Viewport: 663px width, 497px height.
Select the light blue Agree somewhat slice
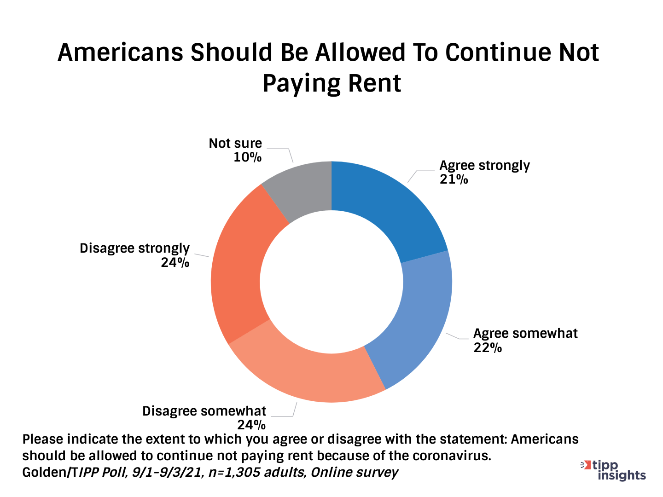pyautogui.click(x=414, y=322)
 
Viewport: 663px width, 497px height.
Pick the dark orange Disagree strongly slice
pyautogui.click(x=239, y=267)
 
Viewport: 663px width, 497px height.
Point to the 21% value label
pyautogui.click(x=454, y=179)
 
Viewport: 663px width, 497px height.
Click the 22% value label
pyautogui.click(x=488, y=348)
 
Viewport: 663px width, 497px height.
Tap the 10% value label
pyautogui.click(x=247, y=157)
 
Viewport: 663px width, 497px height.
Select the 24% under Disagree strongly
pyautogui.click(x=175, y=263)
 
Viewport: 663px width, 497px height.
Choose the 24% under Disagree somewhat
pyautogui.click(x=251, y=424)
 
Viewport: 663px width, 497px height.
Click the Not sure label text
pyautogui.click(x=235, y=143)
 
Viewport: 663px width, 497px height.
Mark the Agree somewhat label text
pyautogui.click(x=525, y=333)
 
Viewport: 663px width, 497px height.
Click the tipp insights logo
pyautogui.click(x=613, y=470)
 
